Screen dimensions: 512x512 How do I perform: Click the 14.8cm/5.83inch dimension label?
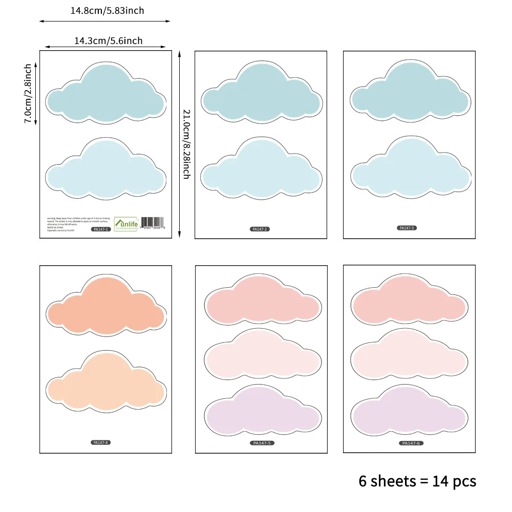[x=108, y=11]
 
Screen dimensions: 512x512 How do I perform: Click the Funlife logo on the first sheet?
[x=125, y=223]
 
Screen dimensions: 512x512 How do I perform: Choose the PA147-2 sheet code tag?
[x=260, y=229]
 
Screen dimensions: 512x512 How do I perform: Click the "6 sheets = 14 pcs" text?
[x=417, y=481]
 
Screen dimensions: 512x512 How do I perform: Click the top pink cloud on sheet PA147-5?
[x=262, y=301]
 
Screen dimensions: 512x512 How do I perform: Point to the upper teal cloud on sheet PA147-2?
[x=261, y=92]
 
